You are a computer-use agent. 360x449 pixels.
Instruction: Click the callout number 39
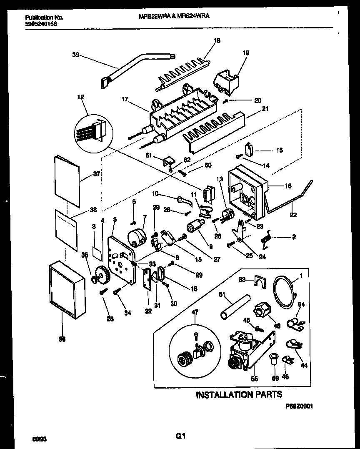(x=75, y=55)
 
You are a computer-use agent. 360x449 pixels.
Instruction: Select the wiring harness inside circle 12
(x=92, y=130)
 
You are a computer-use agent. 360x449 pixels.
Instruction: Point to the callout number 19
(x=246, y=53)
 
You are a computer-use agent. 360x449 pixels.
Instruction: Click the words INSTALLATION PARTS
(x=239, y=394)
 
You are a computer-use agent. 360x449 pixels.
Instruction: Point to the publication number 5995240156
(x=41, y=24)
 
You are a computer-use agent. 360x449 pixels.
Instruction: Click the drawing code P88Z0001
(x=299, y=405)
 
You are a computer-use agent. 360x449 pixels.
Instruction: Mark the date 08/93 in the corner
(x=39, y=439)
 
